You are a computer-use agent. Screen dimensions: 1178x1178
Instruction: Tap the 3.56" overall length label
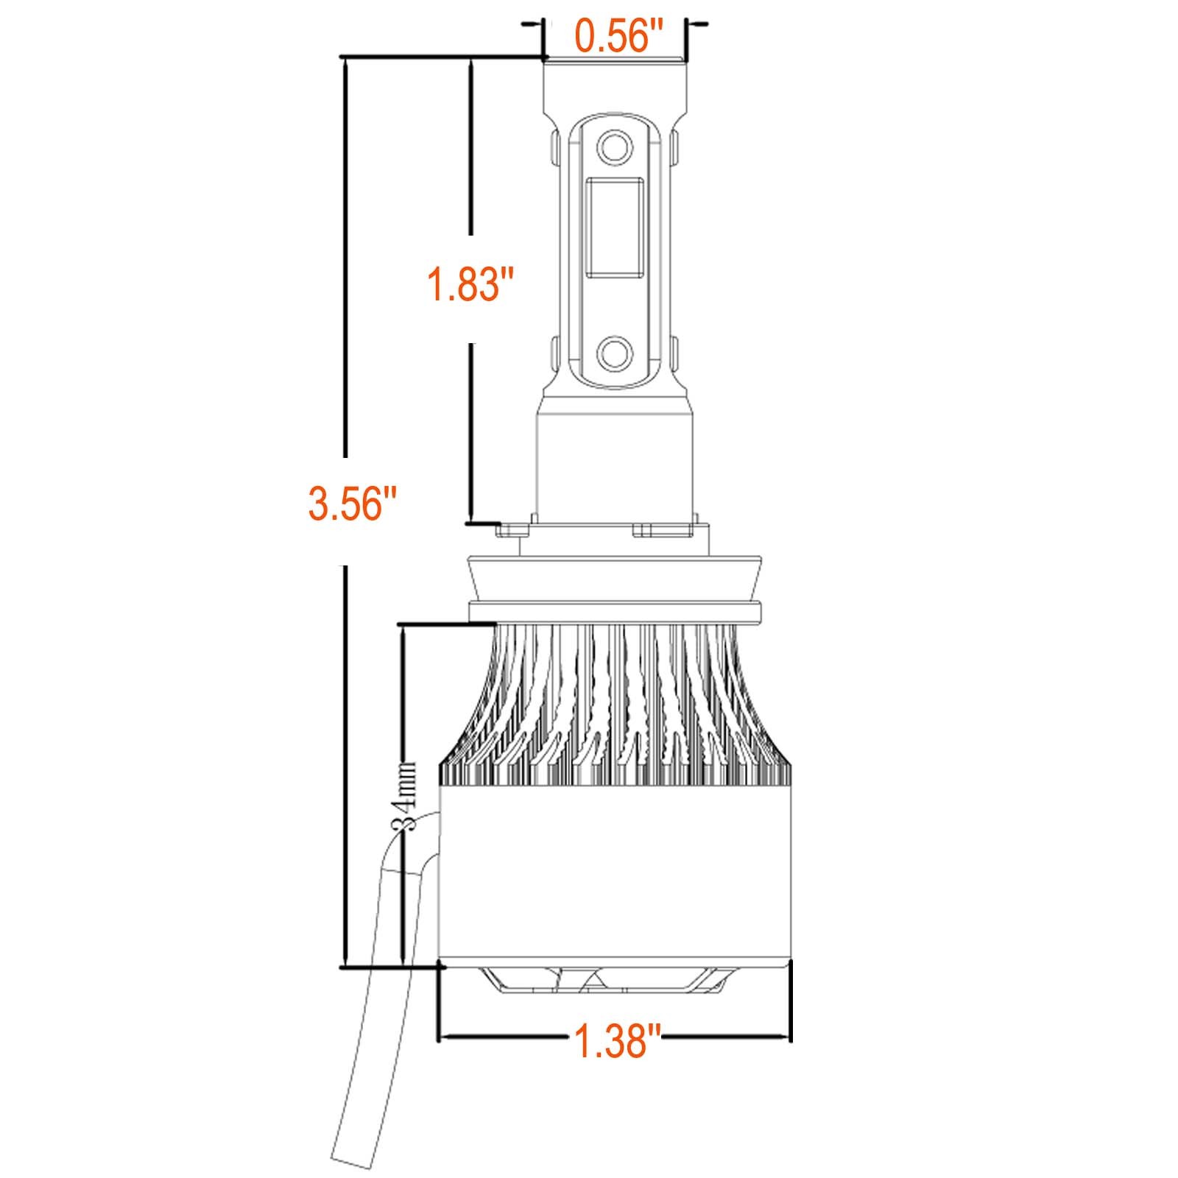tap(353, 506)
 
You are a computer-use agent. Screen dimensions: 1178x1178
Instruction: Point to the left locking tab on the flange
tap(513, 529)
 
